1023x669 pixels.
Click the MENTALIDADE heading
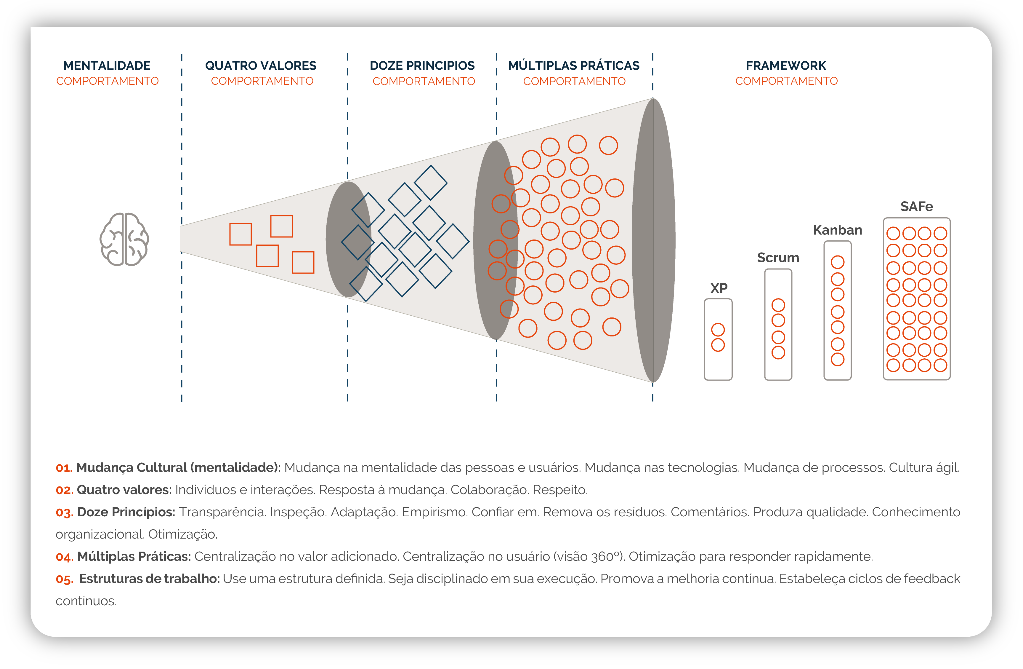point(107,66)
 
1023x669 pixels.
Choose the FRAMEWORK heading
point(786,66)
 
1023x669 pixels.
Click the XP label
point(719,288)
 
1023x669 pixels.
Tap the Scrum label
point(778,257)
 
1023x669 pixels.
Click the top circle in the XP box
point(718,330)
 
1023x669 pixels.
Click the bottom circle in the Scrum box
point(778,352)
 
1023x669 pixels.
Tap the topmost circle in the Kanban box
point(837,262)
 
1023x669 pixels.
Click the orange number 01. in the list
point(64,468)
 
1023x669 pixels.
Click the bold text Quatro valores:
point(124,490)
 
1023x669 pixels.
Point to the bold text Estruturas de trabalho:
point(149,579)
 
